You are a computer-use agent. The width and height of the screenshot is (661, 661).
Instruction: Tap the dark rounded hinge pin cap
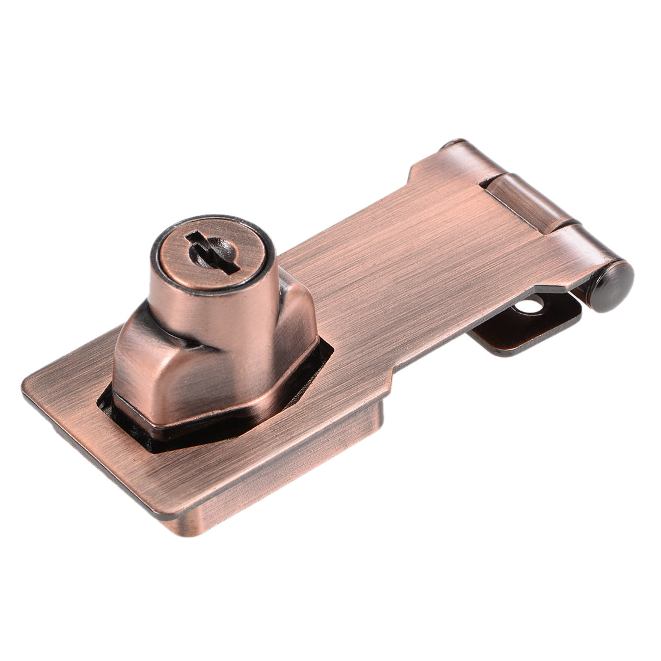coord(612,287)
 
